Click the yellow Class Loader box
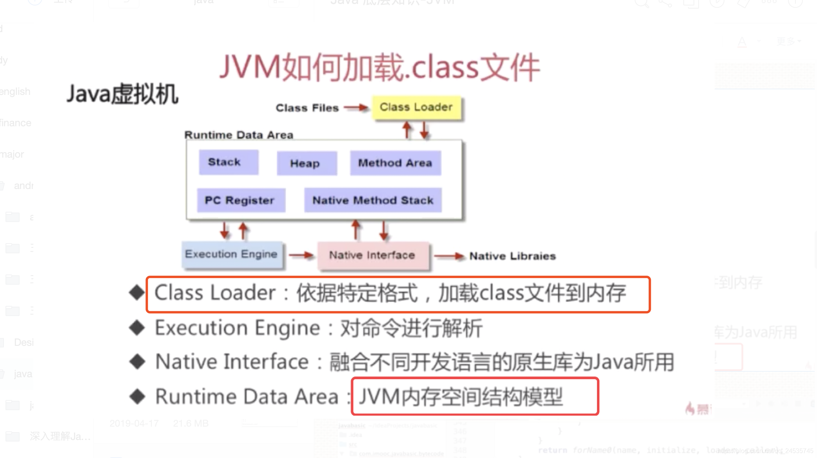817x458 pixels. pos(416,107)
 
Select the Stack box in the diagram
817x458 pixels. pos(228,162)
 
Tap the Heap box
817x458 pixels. pos(306,163)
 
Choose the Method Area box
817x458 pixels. pos(395,163)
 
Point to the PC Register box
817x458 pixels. pos(241,200)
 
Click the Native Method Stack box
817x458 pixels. pos(372,200)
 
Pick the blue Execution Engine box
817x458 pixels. pos(232,254)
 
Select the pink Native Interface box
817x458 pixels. pos(372,255)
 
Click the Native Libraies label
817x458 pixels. pos(512,256)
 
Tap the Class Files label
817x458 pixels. pos(307,108)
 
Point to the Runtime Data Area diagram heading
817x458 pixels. pos(239,135)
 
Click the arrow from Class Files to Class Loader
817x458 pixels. pos(356,107)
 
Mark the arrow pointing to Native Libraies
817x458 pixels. pos(449,256)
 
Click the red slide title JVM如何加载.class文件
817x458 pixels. pos(379,68)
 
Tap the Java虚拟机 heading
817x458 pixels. pos(123,94)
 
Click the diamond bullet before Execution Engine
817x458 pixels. pos(137,328)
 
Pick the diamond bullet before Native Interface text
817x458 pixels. pos(137,362)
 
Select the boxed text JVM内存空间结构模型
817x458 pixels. pos(461,396)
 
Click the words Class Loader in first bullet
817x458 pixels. pos(215,293)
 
